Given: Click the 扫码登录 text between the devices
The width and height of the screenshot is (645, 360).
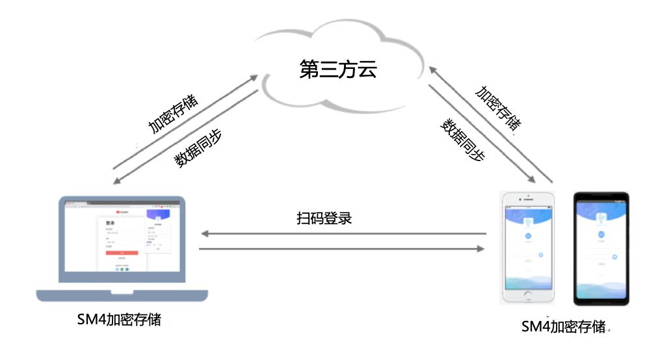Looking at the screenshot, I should (324, 218).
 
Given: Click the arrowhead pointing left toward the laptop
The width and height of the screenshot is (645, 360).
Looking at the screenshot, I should (204, 233).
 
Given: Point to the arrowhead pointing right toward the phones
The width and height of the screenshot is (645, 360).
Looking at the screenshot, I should (481, 249).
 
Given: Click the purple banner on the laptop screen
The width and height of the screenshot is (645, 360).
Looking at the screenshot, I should (157, 215).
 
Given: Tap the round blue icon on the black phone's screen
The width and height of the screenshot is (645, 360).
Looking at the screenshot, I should (601, 235).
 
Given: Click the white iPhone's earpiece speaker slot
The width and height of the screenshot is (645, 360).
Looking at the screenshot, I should (527, 199).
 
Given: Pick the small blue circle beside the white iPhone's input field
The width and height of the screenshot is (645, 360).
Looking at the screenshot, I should (540, 256).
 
